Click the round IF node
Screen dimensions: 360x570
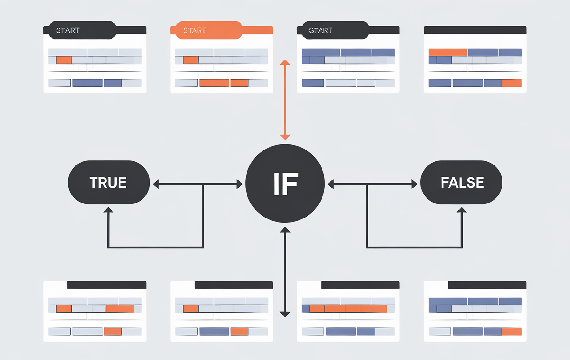point(285,184)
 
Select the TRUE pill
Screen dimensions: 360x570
point(109,182)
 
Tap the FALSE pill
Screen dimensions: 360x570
point(461,182)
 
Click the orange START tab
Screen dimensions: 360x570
point(206,30)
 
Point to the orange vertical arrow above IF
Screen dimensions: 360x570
point(285,99)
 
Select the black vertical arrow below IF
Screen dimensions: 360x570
point(285,272)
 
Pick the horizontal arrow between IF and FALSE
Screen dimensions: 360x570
point(373,185)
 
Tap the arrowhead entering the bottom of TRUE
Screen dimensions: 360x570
point(109,210)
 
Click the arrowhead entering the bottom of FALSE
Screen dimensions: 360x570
point(462,210)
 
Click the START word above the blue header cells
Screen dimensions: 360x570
point(321,30)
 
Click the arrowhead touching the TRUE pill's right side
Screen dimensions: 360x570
point(156,185)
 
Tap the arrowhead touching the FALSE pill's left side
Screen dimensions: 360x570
point(414,185)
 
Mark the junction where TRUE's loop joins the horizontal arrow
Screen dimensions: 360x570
point(203,185)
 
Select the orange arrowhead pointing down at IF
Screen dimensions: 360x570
point(285,137)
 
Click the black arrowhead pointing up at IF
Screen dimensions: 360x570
point(285,230)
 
